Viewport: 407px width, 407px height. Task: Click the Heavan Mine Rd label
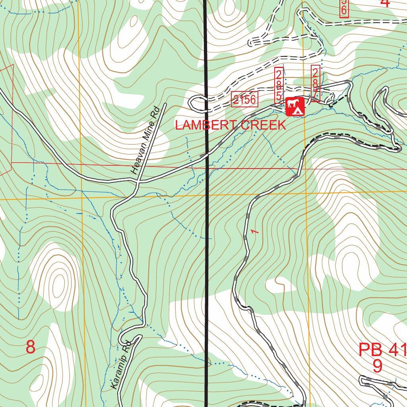point(145,140)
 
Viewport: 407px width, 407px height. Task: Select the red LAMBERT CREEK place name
point(231,125)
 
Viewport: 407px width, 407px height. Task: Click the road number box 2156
point(245,99)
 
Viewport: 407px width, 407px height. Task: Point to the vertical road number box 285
point(279,84)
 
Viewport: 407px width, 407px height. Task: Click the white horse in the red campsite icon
point(293,104)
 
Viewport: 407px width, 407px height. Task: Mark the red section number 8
point(31,347)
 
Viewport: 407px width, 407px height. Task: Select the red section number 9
point(377,366)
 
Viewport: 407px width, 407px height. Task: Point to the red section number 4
point(384,3)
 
